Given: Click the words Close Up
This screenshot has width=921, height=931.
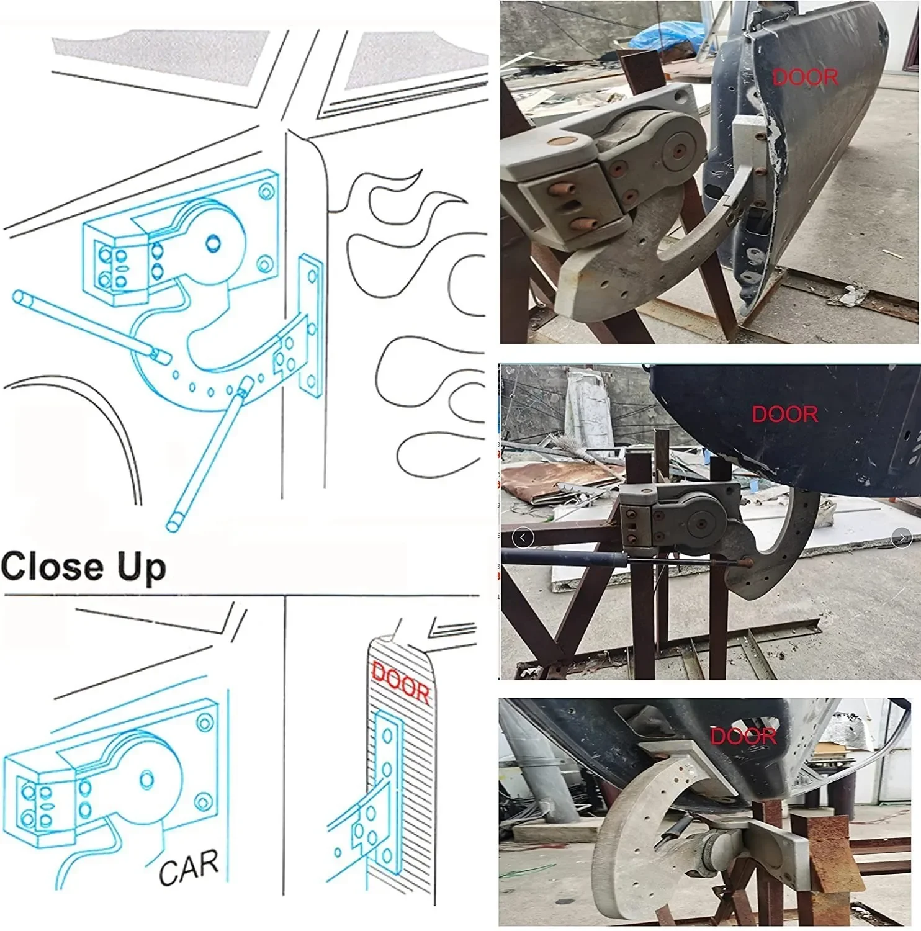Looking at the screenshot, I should coord(83,567).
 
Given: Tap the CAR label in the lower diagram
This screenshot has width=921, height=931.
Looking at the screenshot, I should coord(189,866).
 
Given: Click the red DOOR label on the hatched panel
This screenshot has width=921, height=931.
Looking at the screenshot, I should coord(400,683).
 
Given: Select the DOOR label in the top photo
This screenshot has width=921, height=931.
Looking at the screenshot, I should coord(805,78).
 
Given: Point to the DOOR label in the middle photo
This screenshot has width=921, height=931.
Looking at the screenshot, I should coord(784,414).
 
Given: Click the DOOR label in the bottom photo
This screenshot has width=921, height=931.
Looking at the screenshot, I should coord(743,737).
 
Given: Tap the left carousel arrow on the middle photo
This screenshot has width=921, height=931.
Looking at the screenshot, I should coord(523,537).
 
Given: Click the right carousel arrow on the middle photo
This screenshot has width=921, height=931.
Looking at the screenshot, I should coord(901,537).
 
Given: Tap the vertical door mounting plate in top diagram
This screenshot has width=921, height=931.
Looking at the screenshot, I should coord(310,326).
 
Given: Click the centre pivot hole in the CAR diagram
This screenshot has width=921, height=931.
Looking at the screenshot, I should coord(147,779).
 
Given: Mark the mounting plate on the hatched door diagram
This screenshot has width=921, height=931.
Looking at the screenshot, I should coord(389,763).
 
